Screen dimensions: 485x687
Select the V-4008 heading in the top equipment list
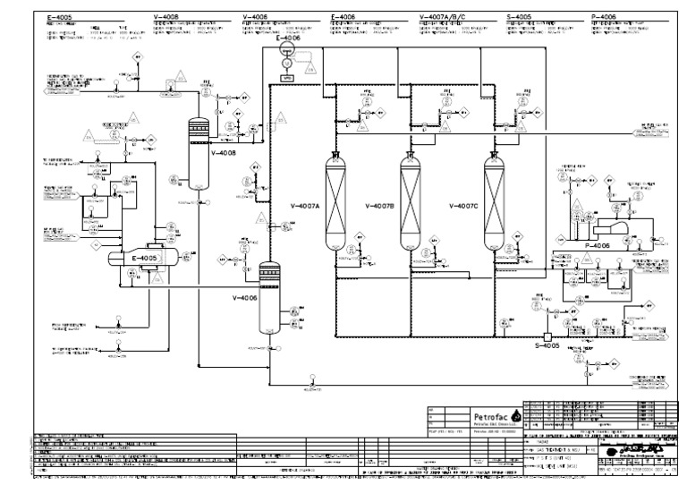[x=167, y=16]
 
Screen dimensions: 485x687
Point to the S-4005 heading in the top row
[x=519, y=16]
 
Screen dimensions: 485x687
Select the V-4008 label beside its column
[x=224, y=154]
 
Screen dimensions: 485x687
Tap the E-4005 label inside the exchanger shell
[x=143, y=259]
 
